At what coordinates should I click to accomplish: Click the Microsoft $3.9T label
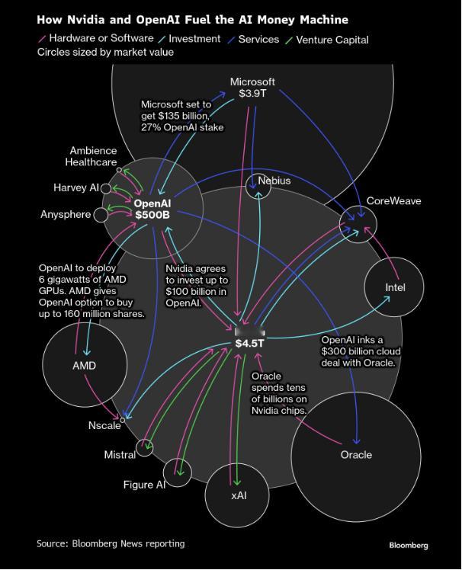pyautogui.click(x=252, y=88)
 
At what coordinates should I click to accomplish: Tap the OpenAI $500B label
pyautogui.click(x=152, y=209)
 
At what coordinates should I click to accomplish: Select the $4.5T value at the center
pyautogui.click(x=249, y=343)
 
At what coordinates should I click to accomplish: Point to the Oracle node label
pyautogui.click(x=356, y=455)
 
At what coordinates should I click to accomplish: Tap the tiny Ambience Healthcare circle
pyautogui.click(x=119, y=170)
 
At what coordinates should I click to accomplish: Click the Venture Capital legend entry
pyautogui.click(x=327, y=40)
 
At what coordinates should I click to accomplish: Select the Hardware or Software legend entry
pyautogui.click(x=96, y=38)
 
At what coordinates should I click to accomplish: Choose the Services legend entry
pyautogui.click(x=254, y=40)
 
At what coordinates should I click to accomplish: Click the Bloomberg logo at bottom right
pyautogui.click(x=409, y=546)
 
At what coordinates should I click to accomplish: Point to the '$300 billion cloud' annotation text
pyautogui.click(x=361, y=351)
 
